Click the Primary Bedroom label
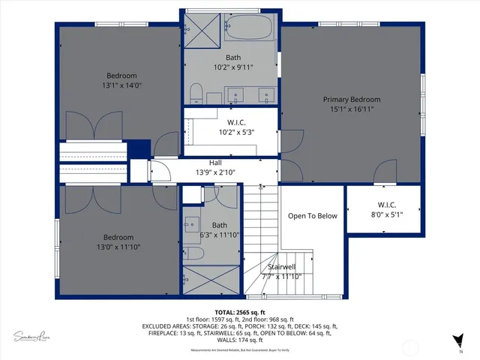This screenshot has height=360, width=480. [351, 100]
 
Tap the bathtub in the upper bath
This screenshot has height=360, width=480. [250, 28]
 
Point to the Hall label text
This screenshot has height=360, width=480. [215, 163]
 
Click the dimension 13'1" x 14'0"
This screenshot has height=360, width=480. [121, 85]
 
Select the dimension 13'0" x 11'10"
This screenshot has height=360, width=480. [118, 247]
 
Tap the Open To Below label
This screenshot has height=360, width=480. [313, 216]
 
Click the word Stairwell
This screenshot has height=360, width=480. [282, 266]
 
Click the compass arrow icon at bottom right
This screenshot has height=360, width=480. [460, 339]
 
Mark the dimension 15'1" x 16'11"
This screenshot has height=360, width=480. [351, 109]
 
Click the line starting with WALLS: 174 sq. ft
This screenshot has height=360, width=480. [239, 340]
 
